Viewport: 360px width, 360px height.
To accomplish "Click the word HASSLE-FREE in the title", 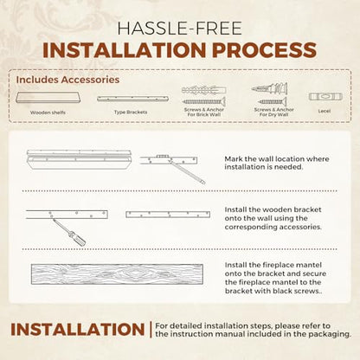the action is (x=179, y=29).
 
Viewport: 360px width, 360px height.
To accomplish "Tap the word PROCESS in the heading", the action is (x=264, y=50).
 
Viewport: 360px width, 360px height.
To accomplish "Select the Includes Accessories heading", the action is (x=67, y=80).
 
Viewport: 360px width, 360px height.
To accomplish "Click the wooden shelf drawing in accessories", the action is (x=48, y=98).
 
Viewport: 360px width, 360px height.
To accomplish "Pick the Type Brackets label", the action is (x=131, y=112).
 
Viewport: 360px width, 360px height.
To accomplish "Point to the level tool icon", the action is (x=325, y=97).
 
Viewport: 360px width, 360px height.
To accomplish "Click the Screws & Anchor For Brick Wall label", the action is (x=204, y=112).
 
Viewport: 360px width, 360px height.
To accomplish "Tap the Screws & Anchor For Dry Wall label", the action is (x=273, y=112).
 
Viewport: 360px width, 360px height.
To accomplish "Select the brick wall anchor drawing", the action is (x=203, y=90).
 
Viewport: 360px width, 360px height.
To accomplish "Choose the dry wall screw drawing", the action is (x=272, y=101).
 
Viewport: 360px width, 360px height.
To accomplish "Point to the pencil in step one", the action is (x=187, y=172).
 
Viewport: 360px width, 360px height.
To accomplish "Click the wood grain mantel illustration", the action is (x=117, y=274).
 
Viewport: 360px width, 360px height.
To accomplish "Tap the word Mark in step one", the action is (x=234, y=159).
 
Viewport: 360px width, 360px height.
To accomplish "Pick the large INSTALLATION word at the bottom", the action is (x=78, y=330).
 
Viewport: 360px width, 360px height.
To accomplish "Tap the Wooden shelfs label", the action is (x=48, y=112).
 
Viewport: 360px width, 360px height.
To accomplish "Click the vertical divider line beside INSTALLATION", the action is (x=151, y=330).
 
